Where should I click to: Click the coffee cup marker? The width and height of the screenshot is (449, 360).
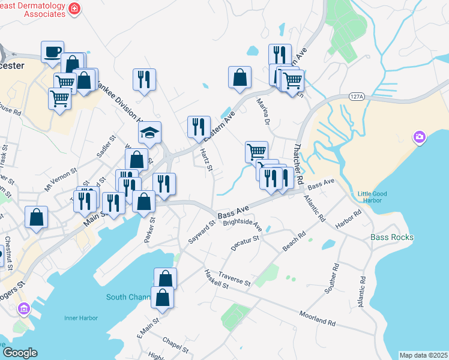(x=52, y=51)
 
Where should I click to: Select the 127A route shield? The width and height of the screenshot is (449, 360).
(x=357, y=97)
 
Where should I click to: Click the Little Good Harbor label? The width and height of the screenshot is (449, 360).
(x=372, y=197)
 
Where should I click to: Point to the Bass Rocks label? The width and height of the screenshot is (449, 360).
(x=392, y=237)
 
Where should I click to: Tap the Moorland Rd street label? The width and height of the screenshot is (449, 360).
(x=318, y=318)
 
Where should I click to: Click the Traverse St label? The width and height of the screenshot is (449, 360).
(x=235, y=278)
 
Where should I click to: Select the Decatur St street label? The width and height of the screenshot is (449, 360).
(x=245, y=242)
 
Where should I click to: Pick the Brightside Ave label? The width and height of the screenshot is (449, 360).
(x=243, y=225)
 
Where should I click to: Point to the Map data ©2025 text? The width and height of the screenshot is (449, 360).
(x=423, y=355)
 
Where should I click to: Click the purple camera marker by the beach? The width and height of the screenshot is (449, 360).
(x=420, y=138)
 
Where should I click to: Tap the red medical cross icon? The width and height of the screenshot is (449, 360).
(x=74, y=8)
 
